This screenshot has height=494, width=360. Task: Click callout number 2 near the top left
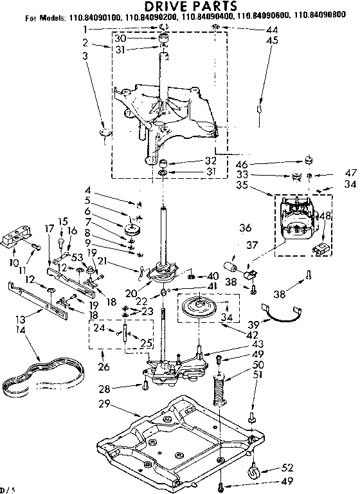point(85,42)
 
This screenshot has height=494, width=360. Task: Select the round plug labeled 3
point(106,133)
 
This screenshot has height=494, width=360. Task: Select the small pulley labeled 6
point(134,229)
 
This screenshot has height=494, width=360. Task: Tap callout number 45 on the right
point(272,40)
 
